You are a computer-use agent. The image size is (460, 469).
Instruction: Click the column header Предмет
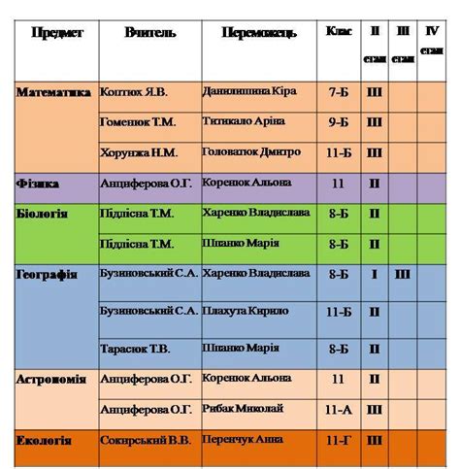57,33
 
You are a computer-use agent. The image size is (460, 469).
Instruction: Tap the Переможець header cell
258,34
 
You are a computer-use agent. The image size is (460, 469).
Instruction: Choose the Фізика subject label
39,184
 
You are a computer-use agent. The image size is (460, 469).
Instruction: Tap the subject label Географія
47,275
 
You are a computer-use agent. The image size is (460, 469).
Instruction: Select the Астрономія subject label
54,380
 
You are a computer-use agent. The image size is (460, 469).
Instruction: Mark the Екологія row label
45,441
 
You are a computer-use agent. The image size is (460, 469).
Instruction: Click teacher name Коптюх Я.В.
134,92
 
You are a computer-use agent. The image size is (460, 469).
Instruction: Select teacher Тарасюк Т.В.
135,349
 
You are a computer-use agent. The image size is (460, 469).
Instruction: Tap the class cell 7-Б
339,93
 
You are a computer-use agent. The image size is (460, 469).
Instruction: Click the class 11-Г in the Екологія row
339,442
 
